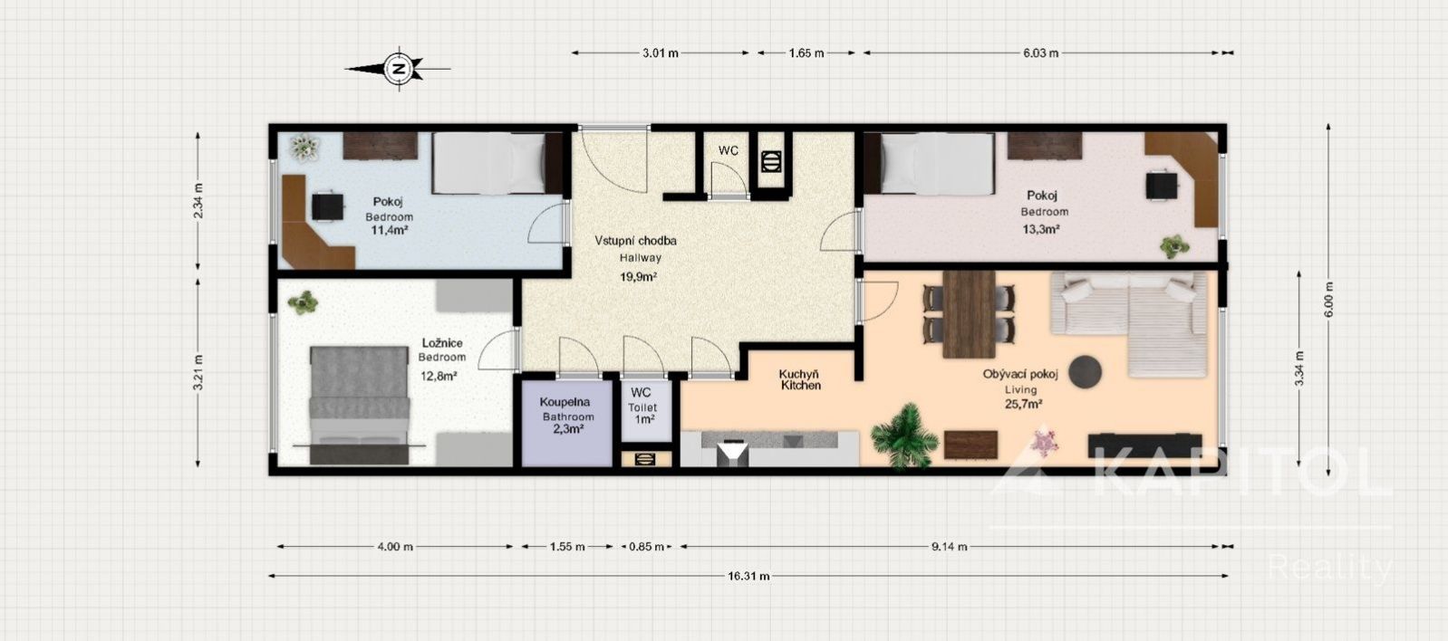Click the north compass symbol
point(399,68)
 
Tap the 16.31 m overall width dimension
point(748,576)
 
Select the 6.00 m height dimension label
point(1328,299)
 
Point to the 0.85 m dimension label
point(646,547)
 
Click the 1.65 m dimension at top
point(806,53)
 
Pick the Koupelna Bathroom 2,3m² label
point(566,416)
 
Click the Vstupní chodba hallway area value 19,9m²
point(638,277)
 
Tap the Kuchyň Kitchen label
point(800,380)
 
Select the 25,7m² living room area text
point(1023,405)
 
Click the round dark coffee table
point(1085,371)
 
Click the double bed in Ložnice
point(360,405)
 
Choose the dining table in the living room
point(969,314)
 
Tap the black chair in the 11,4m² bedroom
point(328,206)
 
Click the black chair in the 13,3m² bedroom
point(1162,186)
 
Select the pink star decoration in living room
point(1043,442)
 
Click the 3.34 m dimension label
point(1298,368)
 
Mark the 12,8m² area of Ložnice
point(439,376)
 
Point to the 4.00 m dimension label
point(395,547)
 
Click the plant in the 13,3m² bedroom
point(1174,246)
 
